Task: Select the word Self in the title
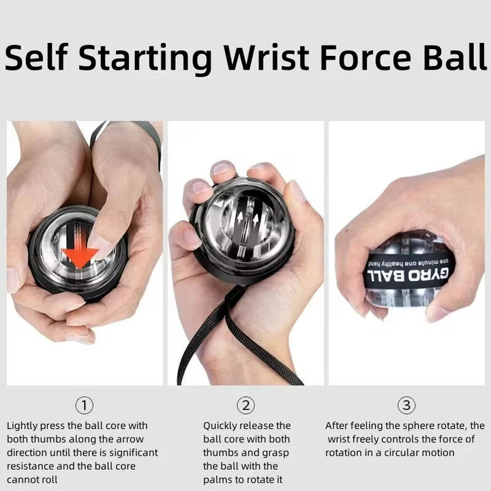tap(38, 59)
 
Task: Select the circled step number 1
tap(84, 406)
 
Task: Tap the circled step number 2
tap(245, 406)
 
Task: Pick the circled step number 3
tap(406, 406)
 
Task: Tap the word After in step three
tap(338, 426)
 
